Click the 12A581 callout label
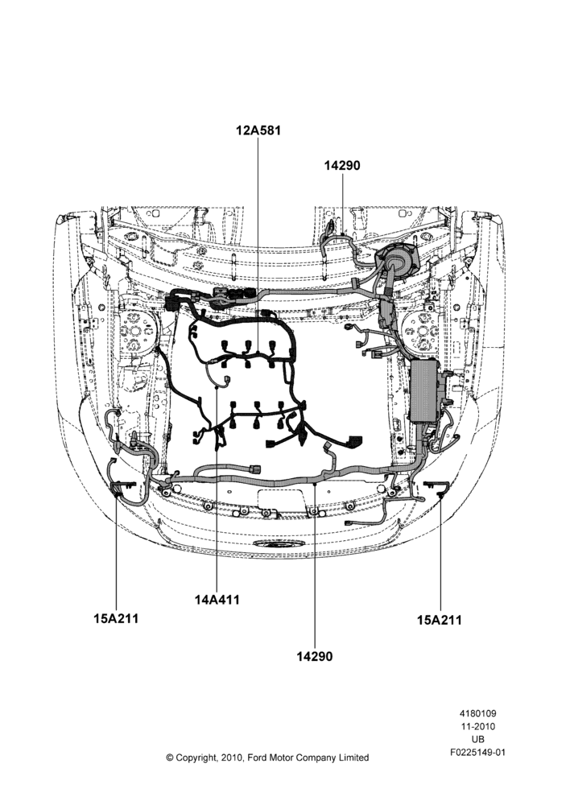258,130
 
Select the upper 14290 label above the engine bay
342,166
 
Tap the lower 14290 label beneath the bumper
314,656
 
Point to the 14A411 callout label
217,599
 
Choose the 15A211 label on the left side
116,618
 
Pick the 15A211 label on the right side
439,620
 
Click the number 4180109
477,713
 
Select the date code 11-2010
477,726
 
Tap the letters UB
477,739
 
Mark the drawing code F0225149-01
477,753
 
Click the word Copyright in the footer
197,758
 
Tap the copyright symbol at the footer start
169,758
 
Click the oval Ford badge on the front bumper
277,544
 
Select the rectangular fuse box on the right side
425,390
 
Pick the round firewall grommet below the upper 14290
397,258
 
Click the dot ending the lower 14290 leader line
314,483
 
